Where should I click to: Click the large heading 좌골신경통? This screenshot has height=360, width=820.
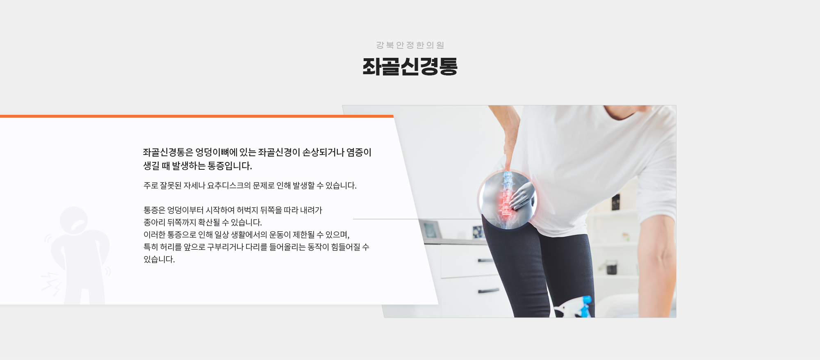pyautogui.click(x=410, y=66)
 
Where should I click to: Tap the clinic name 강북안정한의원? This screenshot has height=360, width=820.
pyautogui.click(x=410, y=45)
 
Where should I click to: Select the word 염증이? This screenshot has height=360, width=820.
pyautogui.click(x=359, y=153)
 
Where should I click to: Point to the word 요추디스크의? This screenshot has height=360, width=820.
pyautogui.click(x=229, y=186)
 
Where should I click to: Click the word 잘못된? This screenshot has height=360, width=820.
pyautogui.click(x=171, y=186)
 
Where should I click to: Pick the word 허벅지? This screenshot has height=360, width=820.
pyautogui.click(x=247, y=210)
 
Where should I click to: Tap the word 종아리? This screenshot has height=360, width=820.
pyautogui.click(x=154, y=223)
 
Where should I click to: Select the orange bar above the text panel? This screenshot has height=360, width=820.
pyautogui.click(x=197, y=116)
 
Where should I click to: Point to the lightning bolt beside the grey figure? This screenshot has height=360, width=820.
pyautogui.click(x=52, y=283)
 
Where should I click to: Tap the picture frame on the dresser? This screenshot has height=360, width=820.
pyautogui.click(x=429, y=230)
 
